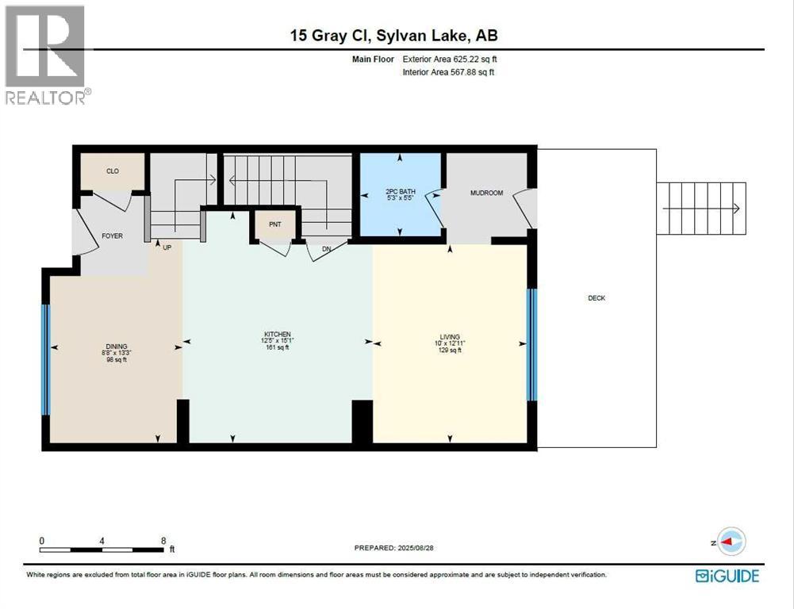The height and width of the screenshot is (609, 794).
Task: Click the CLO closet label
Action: point(113,170)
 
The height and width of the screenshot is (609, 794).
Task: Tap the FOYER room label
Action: point(112,236)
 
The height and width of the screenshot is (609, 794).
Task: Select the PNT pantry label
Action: point(274,224)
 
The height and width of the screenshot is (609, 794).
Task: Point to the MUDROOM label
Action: point(486,193)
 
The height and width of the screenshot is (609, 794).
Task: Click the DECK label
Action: point(596,298)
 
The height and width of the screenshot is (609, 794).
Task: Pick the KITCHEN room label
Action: point(278,334)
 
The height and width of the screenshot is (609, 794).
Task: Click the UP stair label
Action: point(167,247)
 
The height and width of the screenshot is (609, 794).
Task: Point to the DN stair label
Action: point(327,247)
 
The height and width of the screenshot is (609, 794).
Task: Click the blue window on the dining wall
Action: point(46,359)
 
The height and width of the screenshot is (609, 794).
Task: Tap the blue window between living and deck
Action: point(532,344)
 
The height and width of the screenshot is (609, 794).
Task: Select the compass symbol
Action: point(731,542)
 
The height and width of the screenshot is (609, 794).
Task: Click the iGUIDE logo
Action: point(727,576)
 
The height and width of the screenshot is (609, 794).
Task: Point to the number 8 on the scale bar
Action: point(163,541)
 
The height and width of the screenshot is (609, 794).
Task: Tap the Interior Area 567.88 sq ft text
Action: point(449,73)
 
